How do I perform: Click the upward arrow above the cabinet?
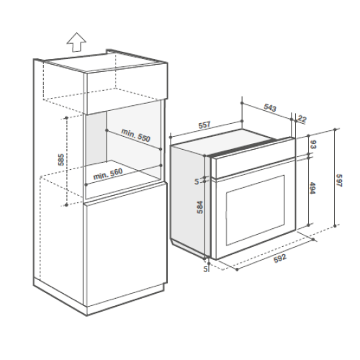click(76, 42)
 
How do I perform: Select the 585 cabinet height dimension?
click(61, 160)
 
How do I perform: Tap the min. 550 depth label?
click(136, 135)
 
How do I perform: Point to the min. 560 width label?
click(108, 174)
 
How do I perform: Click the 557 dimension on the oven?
click(204, 125)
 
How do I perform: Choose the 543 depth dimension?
click(270, 107)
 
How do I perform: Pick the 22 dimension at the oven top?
click(302, 119)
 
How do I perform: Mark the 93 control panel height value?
click(313, 144)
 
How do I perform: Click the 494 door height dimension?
click(312, 188)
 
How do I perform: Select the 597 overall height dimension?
click(339, 181)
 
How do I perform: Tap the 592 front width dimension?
click(280, 258)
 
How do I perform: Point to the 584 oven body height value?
click(199, 207)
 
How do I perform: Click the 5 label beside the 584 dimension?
click(197, 181)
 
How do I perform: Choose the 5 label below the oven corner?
click(205, 269)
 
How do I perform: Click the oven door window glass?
click(256, 210)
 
